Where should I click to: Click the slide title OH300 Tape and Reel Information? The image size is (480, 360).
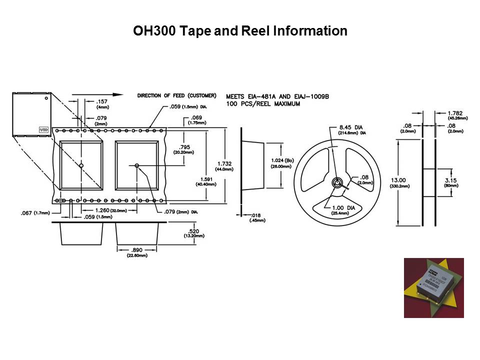tap(240, 31)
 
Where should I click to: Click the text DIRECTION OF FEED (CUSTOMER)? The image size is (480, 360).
tap(176, 95)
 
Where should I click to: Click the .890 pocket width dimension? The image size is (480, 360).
tap(137, 249)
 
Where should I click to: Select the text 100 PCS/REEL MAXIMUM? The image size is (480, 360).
tap(263, 104)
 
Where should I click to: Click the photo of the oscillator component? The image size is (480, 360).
tap(433, 287)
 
